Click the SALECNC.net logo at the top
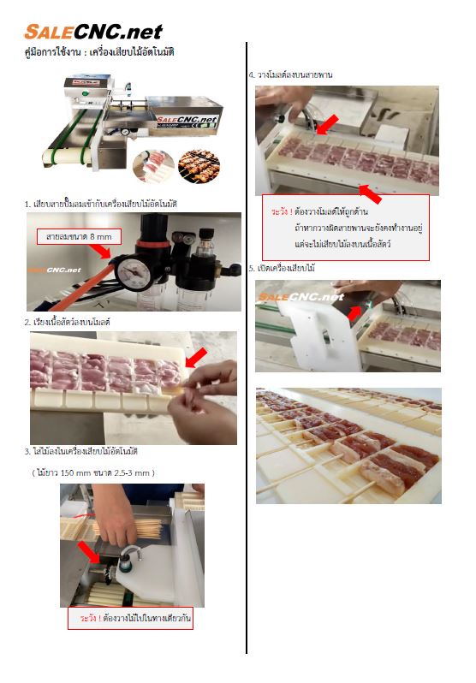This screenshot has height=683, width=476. click(x=92, y=32)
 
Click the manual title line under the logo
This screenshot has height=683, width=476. click(x=99, y=52)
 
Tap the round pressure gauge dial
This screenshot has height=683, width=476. click(x=134, y=273)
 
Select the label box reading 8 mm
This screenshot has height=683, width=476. click(x=79, y=236)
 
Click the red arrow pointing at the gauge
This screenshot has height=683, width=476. click(x=101, y=252)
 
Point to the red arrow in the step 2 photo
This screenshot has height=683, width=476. click(x=197, y=357)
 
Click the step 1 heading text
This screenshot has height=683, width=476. click(x=101, y=204)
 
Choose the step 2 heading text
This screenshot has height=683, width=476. click(x=67, y=323)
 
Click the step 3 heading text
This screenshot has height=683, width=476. click(x=81, y=451)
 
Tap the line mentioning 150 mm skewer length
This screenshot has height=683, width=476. click(x=93, y=472)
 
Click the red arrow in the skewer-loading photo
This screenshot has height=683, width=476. click(x=88, y=552)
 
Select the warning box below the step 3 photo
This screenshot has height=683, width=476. click(x=130, y=618)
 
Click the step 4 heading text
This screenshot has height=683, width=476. click(x=291, y=75)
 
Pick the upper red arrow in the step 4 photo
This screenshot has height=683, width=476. click(x=328, y=124)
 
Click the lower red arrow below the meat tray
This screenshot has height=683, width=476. click(x=370, y=193)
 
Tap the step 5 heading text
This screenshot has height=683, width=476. click(x=282, y=269)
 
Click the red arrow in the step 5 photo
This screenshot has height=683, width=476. click(x=354, y=312)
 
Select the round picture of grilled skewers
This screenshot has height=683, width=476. click(x=199, y=165)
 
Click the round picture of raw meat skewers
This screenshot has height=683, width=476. click(x=153, y=166)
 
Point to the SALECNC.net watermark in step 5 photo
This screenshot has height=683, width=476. click(x=301, y=297)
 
